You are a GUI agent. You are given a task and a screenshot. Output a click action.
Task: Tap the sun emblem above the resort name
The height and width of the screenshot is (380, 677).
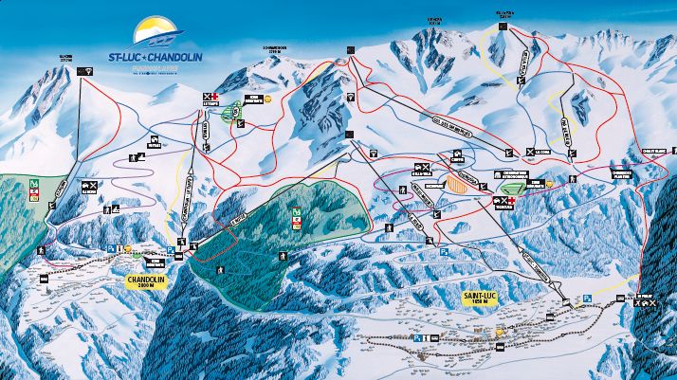click(x=156, y=32)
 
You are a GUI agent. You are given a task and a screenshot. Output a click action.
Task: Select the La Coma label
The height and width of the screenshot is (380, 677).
click(x=541, y=151)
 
